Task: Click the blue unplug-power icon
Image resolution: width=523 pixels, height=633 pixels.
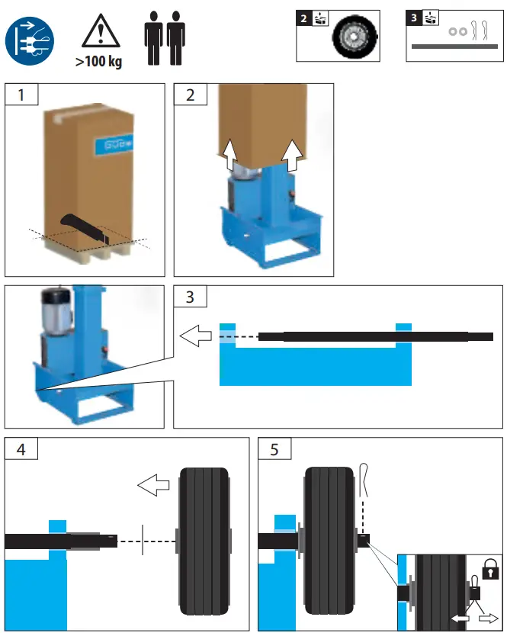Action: [x=30, y=40]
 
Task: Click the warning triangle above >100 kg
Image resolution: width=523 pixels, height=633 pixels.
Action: [x=97, y=33]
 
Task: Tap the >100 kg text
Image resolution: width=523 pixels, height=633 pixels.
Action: [x=98, y=62]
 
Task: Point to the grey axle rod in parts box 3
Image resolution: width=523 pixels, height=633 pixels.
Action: [x=454, y=47]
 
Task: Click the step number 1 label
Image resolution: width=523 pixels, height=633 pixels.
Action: [x=21, y=95]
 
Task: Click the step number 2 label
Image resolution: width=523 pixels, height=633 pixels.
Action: [x=190, y=95]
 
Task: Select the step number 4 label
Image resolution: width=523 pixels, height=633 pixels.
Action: [x=21, y=449]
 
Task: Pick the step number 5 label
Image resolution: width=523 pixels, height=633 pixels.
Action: [x=274, y=449]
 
